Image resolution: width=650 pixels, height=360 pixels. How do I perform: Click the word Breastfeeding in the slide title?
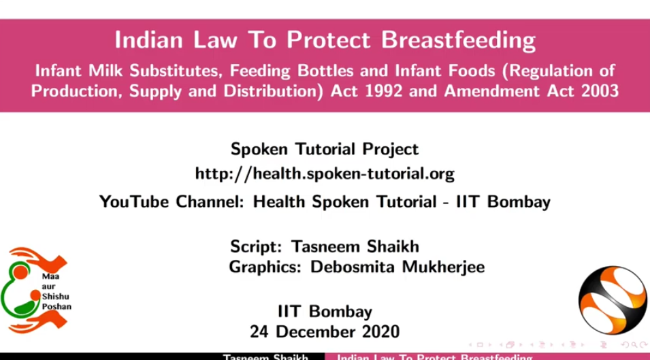(x=458, y=40)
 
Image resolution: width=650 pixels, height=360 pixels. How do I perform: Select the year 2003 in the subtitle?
(x=598, y=91)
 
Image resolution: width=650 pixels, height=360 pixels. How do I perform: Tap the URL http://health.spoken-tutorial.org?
(x=324, y=174)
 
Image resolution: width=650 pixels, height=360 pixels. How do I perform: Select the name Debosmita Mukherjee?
(x=397, y=267)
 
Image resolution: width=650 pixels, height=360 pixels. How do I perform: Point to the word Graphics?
(x=264, y=267)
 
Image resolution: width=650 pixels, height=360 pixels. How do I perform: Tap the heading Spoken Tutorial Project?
(x=324, y=148)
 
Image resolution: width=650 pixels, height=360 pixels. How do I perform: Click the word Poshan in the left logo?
(x=56, y=306)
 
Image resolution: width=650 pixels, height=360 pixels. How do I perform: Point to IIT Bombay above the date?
(x=324, y=312)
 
